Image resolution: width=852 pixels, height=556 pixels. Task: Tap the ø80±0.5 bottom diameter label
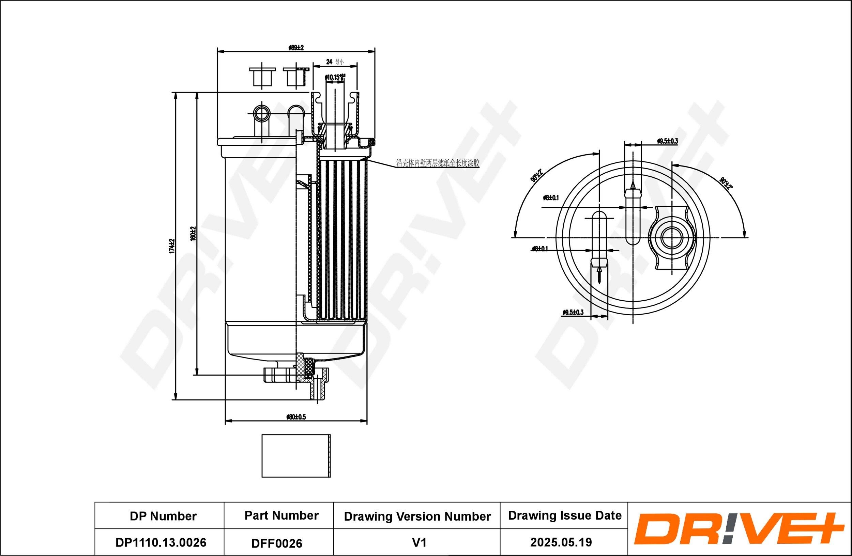point(296,417)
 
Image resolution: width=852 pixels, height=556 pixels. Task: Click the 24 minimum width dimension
point(334,62)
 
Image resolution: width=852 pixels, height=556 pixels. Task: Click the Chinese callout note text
point(438,163)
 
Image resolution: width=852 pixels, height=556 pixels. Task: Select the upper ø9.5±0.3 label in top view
point(667,141)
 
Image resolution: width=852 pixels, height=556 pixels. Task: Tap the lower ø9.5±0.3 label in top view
point(573,313)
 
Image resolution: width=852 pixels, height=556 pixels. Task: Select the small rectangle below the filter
point(296,456)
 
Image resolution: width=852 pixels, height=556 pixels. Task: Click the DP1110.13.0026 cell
point(161,542)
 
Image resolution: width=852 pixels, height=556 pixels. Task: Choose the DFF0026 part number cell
point(277,543)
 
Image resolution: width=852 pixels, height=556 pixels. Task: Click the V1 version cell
point(419,542)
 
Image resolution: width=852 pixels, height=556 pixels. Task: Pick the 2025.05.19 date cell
point(561,542)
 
